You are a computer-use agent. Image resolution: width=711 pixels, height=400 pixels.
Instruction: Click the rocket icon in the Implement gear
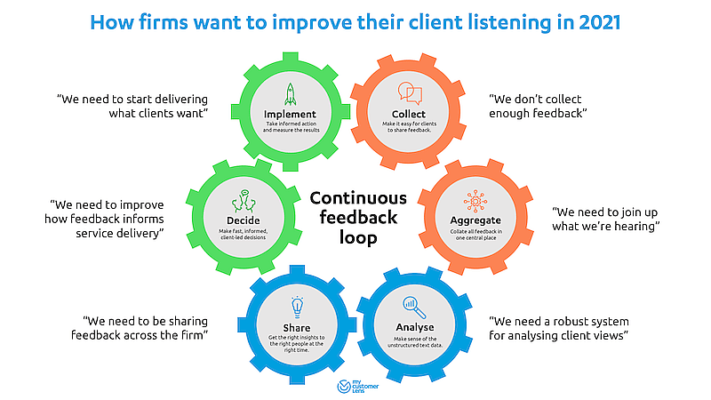290,93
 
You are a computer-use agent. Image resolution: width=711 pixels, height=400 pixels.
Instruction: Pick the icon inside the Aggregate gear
475,199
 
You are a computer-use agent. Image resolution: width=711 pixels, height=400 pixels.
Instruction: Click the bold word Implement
290,115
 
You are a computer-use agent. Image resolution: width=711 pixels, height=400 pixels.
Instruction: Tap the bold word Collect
407,115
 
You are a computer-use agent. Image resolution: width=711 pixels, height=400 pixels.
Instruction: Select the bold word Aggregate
475,220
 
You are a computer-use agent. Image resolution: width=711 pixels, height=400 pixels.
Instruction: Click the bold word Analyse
414,326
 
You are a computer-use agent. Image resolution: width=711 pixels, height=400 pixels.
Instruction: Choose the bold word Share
298,326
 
